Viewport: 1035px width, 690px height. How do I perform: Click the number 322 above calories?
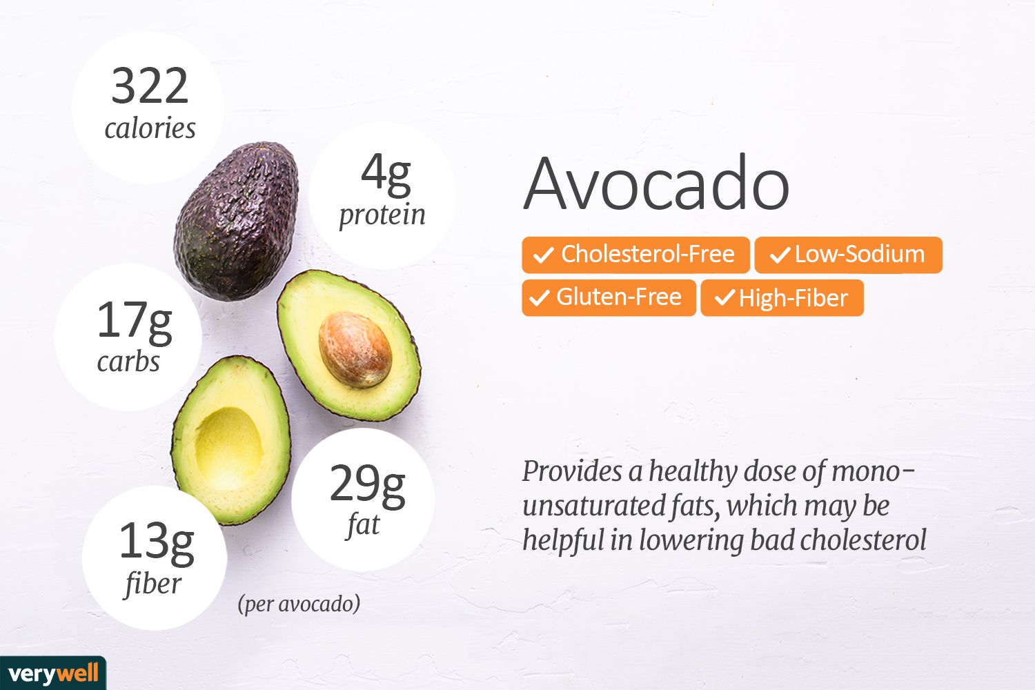[x=150, y=86]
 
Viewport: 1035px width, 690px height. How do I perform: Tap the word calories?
[x=150, y=128]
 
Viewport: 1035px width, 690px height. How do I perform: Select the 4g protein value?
[x=386, y=175]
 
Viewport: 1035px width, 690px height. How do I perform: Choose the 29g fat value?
[x=367, y=486]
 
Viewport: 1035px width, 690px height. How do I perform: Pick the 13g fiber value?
[x=157, y=544]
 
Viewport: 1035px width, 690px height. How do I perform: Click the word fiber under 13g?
[x=152, y=584]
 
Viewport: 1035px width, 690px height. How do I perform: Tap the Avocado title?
[x=656, y=184]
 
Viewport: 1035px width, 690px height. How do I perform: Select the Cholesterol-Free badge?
[x=635, y=255]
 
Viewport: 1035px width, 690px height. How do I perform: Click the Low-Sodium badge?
[x=848, y=255]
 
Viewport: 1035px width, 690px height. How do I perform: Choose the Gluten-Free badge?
[x=609, y=297]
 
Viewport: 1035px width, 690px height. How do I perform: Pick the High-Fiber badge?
[x=782, y=298]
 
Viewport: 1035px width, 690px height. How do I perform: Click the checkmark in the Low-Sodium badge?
[x=780, y=255]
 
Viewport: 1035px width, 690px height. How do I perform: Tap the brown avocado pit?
[x=355, y=349]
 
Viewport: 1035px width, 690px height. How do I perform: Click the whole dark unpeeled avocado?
[x=237, y=221]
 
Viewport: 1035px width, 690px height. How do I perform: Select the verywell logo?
[x=53, y=673]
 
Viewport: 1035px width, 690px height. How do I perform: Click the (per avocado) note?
[x=299, y=604]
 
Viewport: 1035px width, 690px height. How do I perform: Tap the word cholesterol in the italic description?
[x=863, y=540]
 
